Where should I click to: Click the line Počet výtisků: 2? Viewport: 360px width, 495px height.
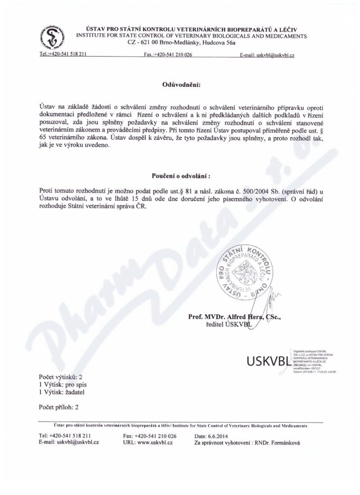tap(61, 377)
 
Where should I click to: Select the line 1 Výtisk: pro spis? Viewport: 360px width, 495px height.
tap(63, 384)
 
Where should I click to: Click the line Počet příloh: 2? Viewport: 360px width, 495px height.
tap(59, 407)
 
